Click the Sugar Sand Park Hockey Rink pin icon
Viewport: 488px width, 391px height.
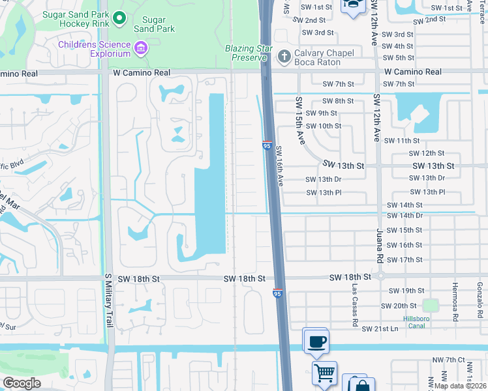click(x=118, y=19)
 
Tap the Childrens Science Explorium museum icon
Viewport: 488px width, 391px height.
click(x=140, y=48)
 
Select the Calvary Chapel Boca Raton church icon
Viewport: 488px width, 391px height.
click(x=284, y=57)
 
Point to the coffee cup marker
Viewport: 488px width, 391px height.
click(x=316, y=341)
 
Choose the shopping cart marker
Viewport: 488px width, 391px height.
click(x=324, y=373)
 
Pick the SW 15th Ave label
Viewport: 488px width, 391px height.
click(x=299, y=121)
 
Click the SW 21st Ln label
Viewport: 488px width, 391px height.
click(x=380, y=329)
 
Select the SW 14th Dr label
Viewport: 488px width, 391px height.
click(x=405, y=215)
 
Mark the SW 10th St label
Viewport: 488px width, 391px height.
click(x=324, y=126)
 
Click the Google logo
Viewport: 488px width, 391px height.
click(x=22, y=383)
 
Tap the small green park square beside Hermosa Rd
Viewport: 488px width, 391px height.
click(x=430, y=305)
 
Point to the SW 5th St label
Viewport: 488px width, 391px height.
click(x=398, y=58)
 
